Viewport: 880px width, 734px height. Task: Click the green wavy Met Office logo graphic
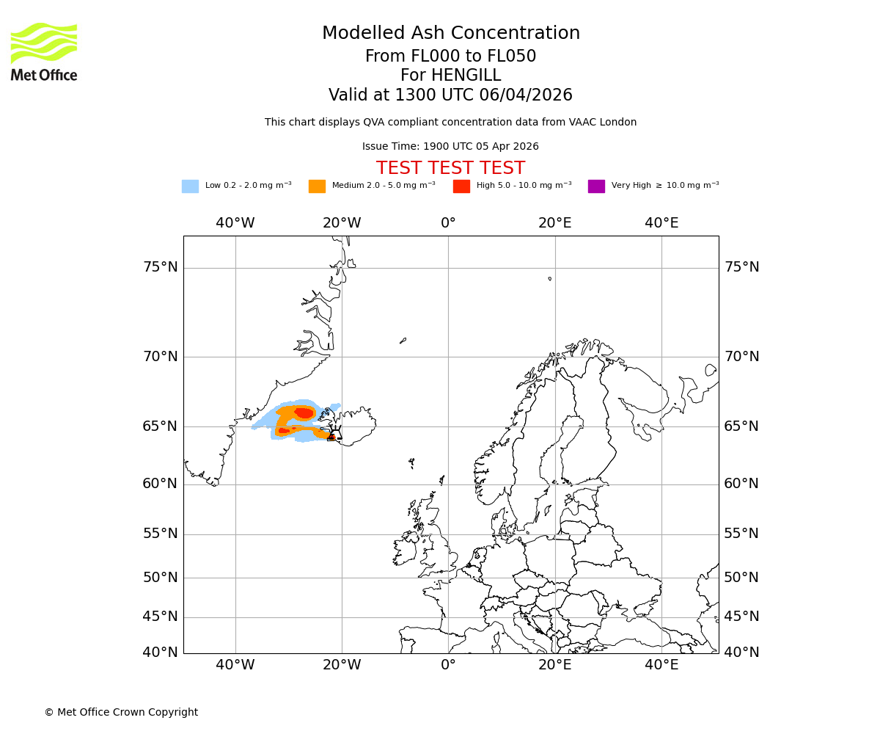pos(44,43)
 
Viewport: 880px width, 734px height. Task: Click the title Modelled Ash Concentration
pos(450,34)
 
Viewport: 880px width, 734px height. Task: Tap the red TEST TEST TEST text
pos(450,168)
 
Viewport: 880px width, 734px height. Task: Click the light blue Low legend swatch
pos(190,186)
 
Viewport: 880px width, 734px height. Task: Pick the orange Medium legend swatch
pos(317,186)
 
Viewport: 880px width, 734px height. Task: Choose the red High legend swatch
pos(461,186)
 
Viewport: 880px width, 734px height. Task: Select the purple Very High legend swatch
pos(596,186)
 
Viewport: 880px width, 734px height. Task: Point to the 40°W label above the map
pos(235,223)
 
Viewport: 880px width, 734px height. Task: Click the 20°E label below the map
pos(554,665)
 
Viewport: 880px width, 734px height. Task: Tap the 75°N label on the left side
pos(160,267)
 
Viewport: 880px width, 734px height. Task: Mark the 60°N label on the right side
pos(741,484)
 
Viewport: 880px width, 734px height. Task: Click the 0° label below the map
pos(448,665)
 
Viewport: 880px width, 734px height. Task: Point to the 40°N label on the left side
pos(160,653)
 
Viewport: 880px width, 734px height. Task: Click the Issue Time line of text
pos(450,147)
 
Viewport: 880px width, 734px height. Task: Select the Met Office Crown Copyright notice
pos(121,712)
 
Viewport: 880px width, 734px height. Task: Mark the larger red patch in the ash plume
pos(304,413)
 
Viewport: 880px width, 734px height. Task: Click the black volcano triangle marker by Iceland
pos(334,434)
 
